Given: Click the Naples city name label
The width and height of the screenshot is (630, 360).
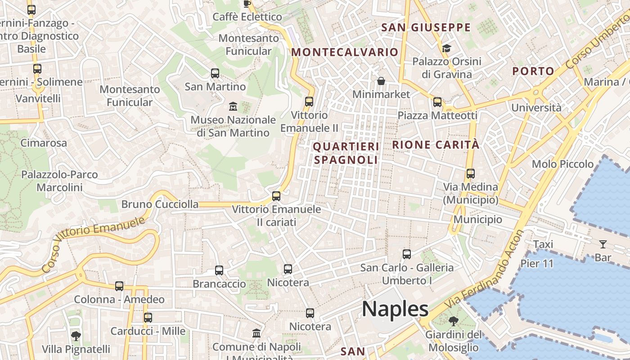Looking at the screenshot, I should (x=395, y=309).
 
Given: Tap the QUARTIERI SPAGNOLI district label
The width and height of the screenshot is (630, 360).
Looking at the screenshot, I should (x=346, y=153).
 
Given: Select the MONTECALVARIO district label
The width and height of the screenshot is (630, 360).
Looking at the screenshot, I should (x=345, y=52).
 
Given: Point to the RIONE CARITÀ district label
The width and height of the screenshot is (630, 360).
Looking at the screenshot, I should (x=436, y=145).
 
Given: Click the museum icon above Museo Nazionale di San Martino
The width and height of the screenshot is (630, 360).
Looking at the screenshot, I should (x=233, y=107).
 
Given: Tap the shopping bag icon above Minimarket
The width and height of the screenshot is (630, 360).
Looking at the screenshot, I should (x=381, y=81).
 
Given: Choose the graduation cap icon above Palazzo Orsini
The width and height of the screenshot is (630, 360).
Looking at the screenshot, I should (x=446, y=48).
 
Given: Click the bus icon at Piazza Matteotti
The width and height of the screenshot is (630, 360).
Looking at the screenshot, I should (x=437, y=102).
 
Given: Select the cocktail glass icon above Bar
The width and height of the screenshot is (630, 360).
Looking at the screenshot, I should (x=603, y=244).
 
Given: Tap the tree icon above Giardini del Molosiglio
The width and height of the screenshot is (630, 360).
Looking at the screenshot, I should (x=453, y=321).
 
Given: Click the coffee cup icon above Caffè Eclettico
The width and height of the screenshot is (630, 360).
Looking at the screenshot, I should (x=247, y=4).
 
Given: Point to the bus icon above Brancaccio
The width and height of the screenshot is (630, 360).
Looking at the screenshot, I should (x=219, y=270).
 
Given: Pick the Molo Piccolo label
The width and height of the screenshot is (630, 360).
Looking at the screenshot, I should (x=562, y=164).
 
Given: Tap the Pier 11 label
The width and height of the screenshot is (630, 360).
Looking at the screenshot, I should (x=537, y=264).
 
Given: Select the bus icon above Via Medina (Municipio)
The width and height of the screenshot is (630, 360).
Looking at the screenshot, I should (x=471, y=174).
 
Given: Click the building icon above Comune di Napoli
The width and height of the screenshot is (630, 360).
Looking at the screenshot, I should (x=256, y=333).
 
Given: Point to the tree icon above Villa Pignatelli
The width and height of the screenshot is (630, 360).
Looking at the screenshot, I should (x=76, y=336).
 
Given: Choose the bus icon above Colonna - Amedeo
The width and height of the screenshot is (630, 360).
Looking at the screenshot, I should (x=119, y=286).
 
